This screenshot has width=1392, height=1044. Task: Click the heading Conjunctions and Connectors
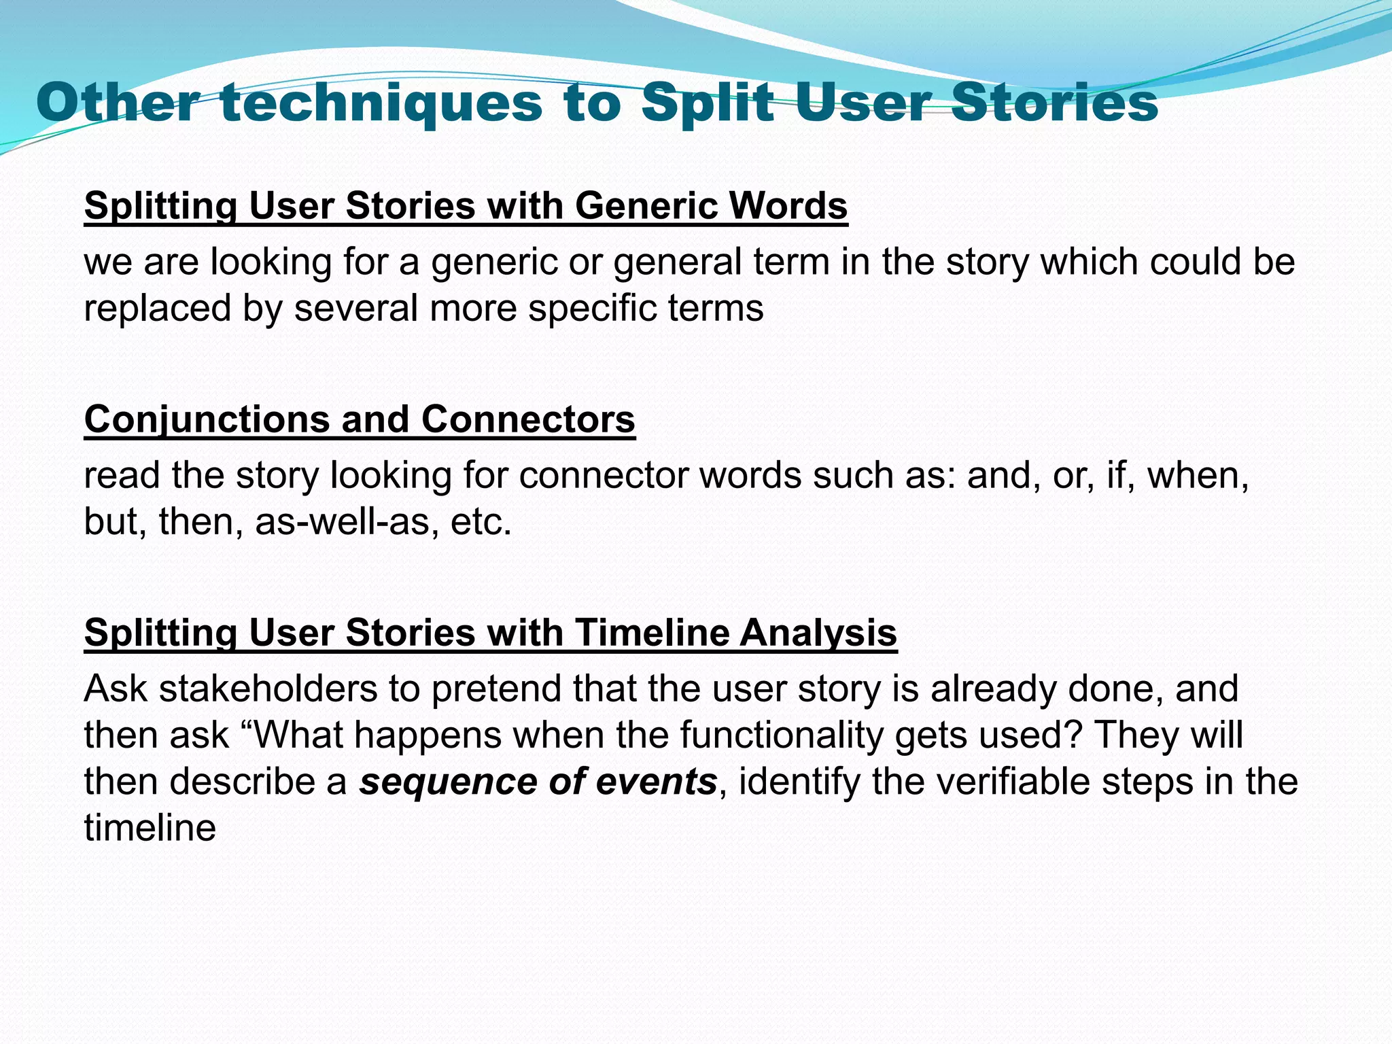pyautogui.click(x=360, y=419)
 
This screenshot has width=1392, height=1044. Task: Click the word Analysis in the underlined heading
pyautogui.click(x=818, y=632)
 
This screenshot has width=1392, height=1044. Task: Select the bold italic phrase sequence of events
pyautogui.click(x=538, y=782)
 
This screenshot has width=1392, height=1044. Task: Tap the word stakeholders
pyautogui.click(x=268, y=689)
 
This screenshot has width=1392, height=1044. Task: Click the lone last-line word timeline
pyautogui.click(x=150, y=828)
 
